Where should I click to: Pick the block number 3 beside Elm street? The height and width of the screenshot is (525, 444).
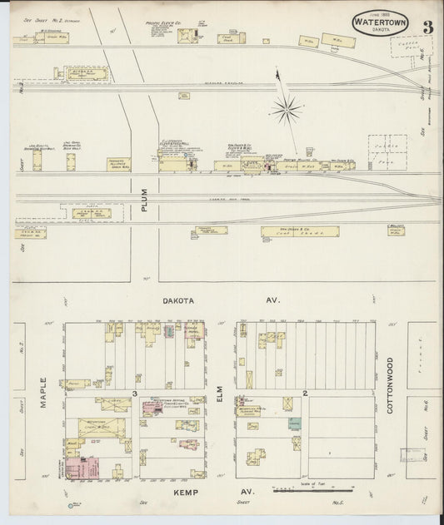(x=133, y=393)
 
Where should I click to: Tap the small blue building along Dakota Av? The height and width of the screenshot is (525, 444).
(x=170, y=333)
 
